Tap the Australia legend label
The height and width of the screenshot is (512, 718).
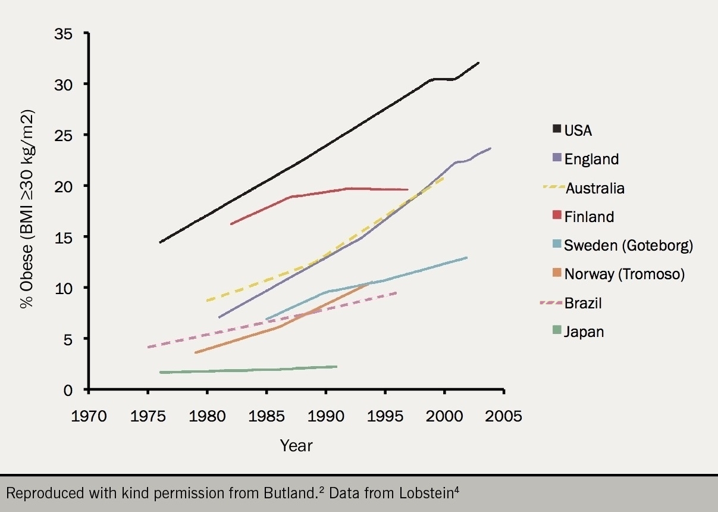(x=595, y=188)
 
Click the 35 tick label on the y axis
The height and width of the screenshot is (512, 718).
(x=64, y=33)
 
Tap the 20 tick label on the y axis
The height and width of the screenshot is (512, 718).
(x=64, y=186)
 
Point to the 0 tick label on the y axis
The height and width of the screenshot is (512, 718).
(x=68, y=390)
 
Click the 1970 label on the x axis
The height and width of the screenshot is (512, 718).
(x=88, y=416)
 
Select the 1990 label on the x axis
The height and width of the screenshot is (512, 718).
(x=325, y=416)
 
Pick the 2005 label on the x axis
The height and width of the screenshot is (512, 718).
(x=503, y=416)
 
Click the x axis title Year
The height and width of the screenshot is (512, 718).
(x=296, y=445)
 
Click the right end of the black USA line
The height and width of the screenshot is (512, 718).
(x=478, y=63)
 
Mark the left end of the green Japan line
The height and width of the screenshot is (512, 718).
(x=160, y=373)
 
